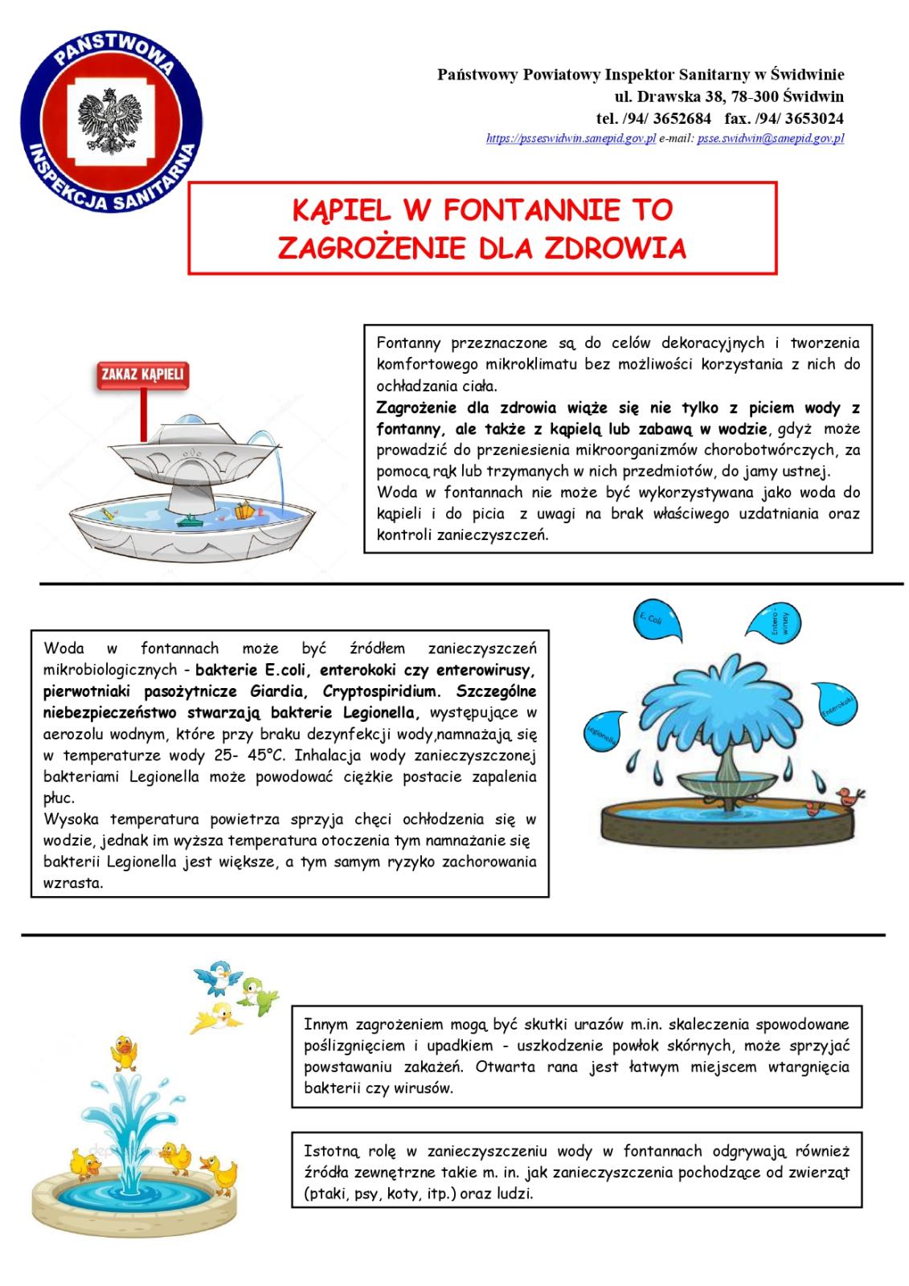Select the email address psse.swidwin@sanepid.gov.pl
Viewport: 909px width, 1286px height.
770,138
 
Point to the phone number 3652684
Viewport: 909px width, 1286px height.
684,118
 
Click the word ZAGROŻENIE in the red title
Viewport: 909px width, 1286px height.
368,248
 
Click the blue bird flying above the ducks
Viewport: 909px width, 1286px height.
219,977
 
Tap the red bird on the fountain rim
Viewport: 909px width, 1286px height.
846,797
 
